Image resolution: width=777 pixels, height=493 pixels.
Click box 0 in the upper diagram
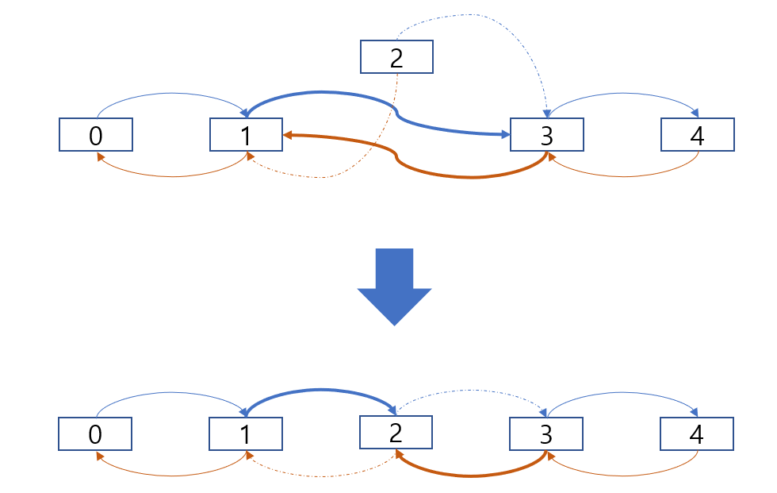[x=95, y=135]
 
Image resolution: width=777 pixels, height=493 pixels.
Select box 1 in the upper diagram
[x=246, y=135]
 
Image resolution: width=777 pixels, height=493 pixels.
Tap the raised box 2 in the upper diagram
[x=396, y=57]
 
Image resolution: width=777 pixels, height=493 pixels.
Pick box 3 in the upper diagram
[x=546, y=135]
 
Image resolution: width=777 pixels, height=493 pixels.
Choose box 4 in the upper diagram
[x=697, y=135]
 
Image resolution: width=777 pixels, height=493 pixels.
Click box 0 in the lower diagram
[x=95, y=434]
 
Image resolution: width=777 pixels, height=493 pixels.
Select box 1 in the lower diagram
[x=246, y=434]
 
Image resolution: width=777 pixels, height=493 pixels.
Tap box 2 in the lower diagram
[x=396, y=432]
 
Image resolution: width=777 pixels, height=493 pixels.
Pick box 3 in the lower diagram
[x=545, y=434]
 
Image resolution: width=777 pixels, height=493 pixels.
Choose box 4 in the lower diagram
[x=697, y=434]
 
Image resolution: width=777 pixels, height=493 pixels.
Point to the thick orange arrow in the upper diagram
[x=473, y=177]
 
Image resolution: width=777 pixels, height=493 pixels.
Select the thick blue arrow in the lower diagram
[x=321, y=390]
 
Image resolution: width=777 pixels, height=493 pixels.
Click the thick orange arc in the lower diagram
[x=471, y=476]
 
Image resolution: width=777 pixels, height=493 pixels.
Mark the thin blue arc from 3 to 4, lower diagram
[x=622, y=400]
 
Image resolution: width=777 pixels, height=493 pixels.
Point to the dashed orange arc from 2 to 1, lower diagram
[x=321, y=476]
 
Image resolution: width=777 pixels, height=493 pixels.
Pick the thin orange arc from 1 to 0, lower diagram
[x=170, y=476]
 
